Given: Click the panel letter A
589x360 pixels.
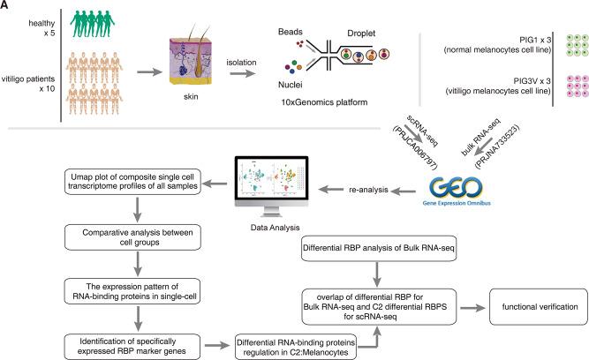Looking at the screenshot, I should (x=6, y=6).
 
